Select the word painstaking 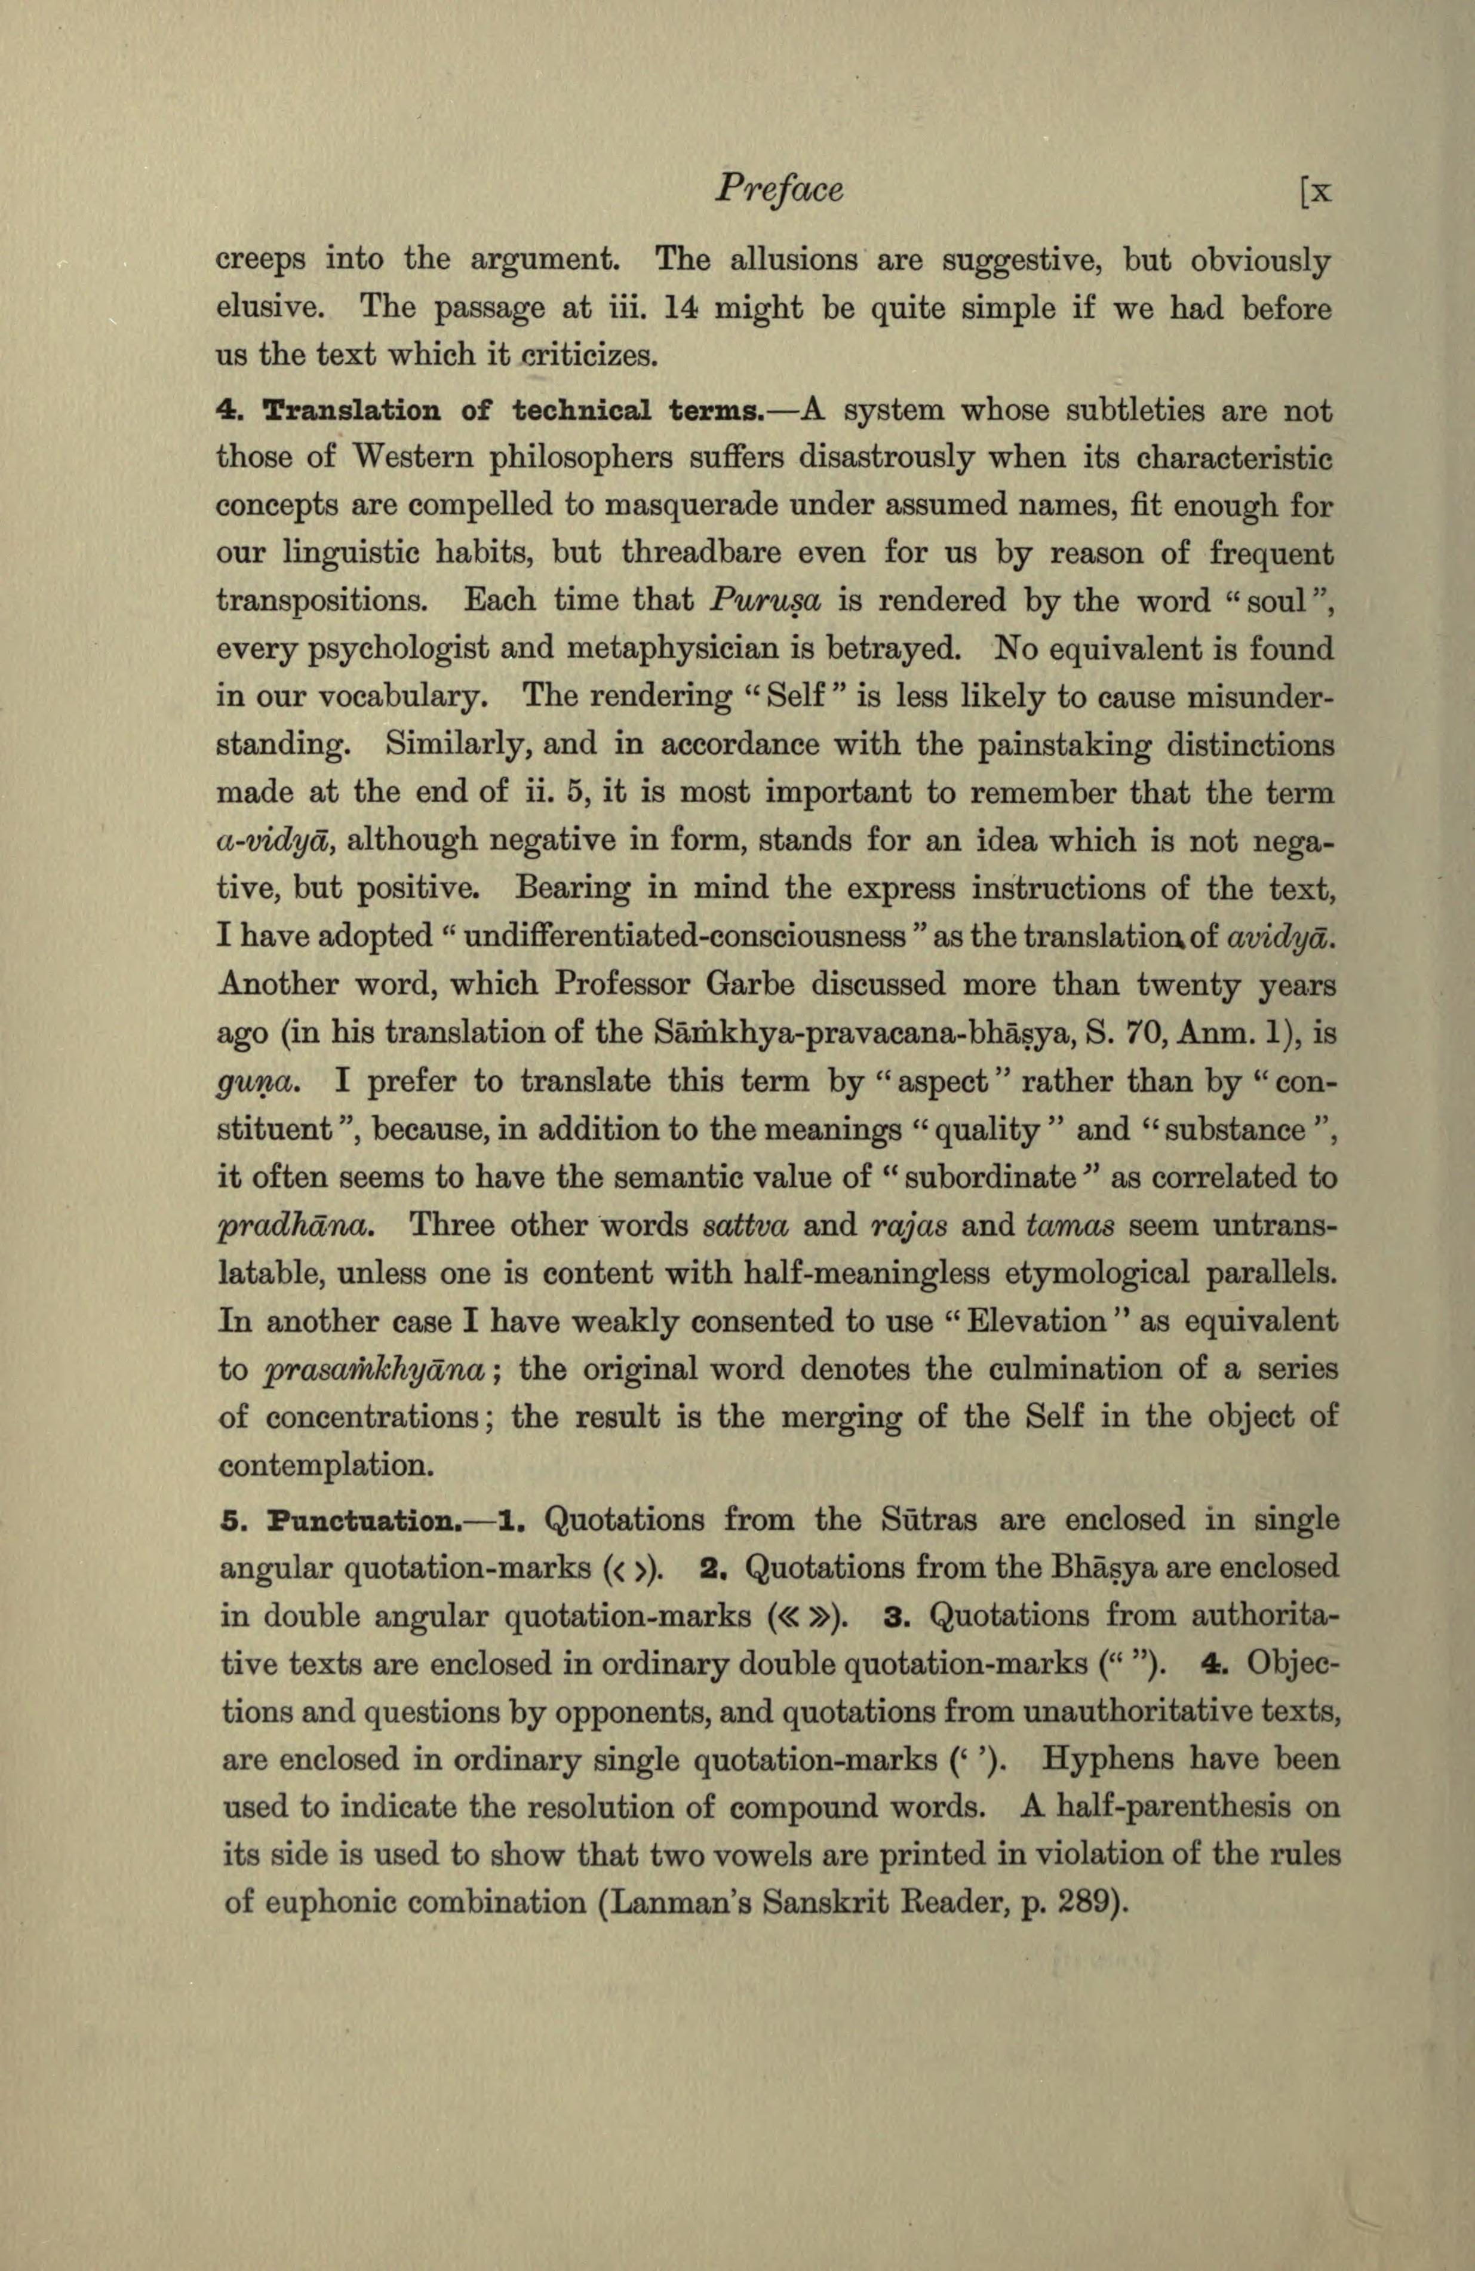pyautogui.click(x=1066, y=745)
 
